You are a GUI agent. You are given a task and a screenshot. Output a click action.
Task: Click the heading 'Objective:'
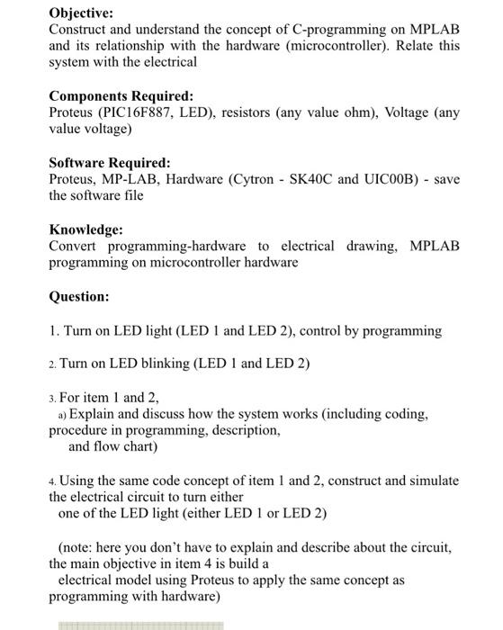(x=82, y=13)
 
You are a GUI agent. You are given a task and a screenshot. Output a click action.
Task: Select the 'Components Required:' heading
(x=121, y=95)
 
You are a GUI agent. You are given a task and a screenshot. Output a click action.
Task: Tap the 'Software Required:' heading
(x=109, y=163)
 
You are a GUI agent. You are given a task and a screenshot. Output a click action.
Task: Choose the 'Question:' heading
(x=78, y=296)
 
